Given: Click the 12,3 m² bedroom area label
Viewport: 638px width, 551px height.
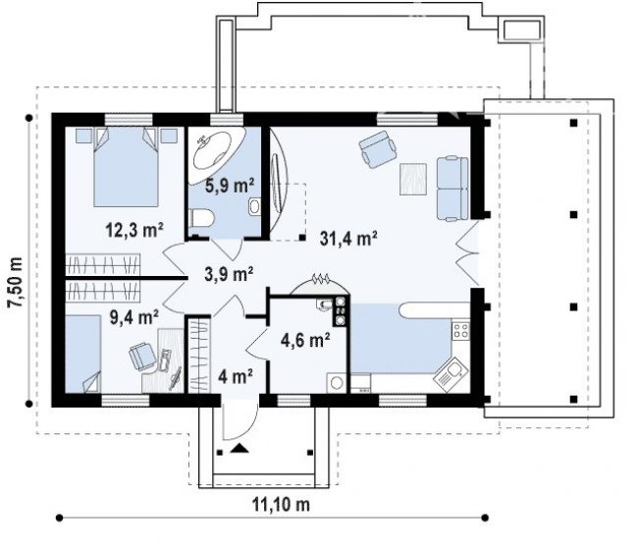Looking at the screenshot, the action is click(134, 230).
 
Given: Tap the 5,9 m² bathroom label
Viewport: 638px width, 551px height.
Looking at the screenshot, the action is click(230, 186).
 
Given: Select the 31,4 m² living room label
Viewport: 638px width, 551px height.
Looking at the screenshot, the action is click(348, 239).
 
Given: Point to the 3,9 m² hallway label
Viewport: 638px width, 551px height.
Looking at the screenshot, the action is click(229, 274).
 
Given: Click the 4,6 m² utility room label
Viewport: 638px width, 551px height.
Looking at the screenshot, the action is click(305, 340).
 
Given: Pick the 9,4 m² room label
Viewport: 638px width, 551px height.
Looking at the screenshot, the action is click(134, 316).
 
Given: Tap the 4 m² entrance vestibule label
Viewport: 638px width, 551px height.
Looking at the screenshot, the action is click(236, 376).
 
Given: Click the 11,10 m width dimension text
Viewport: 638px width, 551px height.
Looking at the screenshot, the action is click(281, 505).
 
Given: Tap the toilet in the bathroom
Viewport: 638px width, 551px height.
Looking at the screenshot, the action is click(201, 218).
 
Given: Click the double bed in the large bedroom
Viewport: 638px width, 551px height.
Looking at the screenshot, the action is click(126, 167).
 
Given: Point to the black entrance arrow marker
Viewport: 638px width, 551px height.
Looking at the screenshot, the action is click(239, 449).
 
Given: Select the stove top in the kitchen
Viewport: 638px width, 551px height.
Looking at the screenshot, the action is click(461, 330).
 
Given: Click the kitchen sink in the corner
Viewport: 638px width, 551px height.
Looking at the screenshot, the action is click(450, 374).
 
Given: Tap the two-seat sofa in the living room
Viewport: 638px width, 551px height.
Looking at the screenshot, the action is click(452, 189).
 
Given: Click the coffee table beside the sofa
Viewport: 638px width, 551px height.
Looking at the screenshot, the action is click(413, 179).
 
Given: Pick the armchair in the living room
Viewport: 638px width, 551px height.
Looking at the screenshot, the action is click(378, 149).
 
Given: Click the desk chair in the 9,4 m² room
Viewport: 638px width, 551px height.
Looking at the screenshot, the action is click(142, 357).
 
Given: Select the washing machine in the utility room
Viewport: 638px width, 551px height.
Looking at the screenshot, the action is click(337, 383).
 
